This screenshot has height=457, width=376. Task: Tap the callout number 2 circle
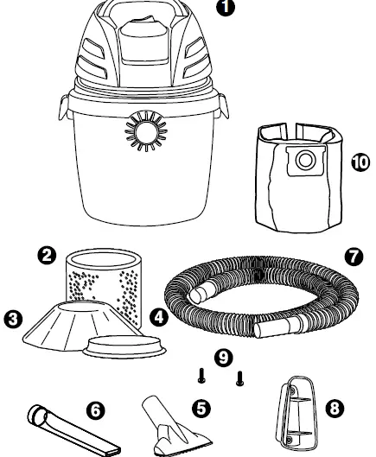click(48, 255)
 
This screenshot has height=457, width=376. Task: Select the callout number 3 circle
click(12, 319)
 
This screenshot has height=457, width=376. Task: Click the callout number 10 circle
click(360, 162)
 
